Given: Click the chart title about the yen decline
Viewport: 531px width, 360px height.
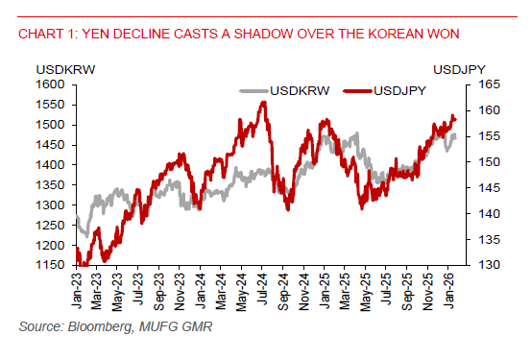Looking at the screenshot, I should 237,35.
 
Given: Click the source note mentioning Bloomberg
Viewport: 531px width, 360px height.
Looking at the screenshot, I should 114,327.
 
